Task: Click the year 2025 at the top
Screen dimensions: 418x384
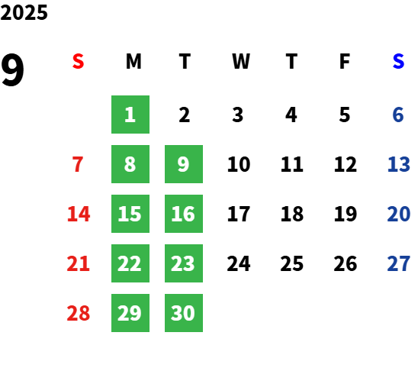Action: click(x=24, y=12)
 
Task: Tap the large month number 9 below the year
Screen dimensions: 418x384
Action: click(x=12, y=69)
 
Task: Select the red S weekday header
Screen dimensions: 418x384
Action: click(x=78, y=61)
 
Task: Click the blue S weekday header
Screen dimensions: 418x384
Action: click(x=398, y=61)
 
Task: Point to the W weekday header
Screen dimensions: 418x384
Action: click(x=241, y=61)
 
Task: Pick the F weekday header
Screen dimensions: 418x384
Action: click(x=345, y=61)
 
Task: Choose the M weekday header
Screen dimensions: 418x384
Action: click(x=133, y=61)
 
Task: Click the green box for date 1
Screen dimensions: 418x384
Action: click(x=130, y=115)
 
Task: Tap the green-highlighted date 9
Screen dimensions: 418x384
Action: click(x=184, y=164)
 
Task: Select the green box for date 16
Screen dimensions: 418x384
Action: click(x=184, y=214)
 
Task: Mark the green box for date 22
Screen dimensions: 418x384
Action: click(x=130, y=263)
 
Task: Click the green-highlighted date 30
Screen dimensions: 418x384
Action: click(x=184, y=313)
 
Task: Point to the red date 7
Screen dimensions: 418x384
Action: click(x=78, y=164)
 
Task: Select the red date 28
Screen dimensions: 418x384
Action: click(x=79, y=313)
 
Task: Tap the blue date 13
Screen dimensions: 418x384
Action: click(x=398, y=164)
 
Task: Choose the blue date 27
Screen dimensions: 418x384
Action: click(x=398, y=263)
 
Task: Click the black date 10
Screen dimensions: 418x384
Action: click(x=239, y=164)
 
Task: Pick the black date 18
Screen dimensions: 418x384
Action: click(x=292, y=214)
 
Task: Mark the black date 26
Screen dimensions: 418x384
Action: click(x=346, y=263)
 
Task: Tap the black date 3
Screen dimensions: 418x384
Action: click(x=238, y=115)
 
